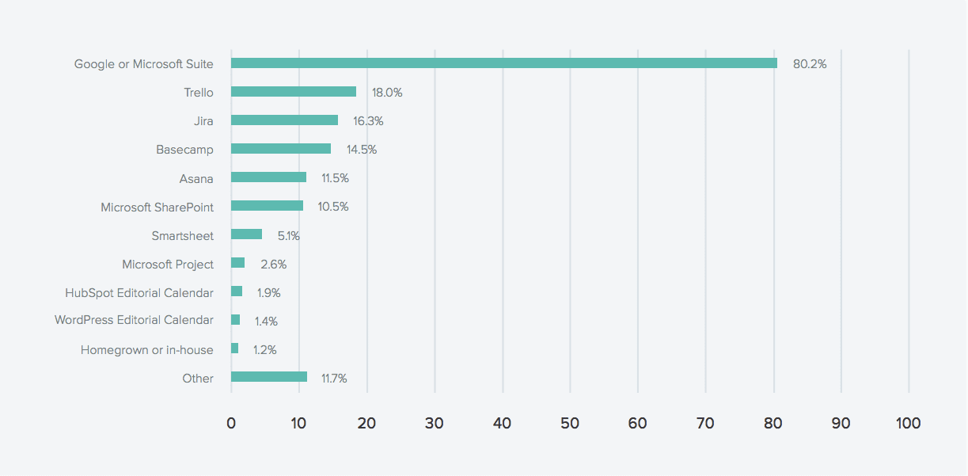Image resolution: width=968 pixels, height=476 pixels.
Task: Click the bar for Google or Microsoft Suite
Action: click(x=503, y=63)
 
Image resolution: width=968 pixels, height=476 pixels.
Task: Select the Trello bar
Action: click(x=293, y=92)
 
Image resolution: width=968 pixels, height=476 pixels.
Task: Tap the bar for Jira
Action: click(x=284, y=120)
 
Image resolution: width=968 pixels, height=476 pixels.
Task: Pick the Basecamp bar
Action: click(x=280, y=149)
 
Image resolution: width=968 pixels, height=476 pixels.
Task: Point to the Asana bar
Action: click(x=268, y=177)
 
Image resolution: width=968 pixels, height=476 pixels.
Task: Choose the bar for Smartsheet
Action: click(x=246, y=234)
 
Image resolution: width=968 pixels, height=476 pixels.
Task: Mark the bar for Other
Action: click(x=268, y=377)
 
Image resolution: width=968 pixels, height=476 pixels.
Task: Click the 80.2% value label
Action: click(x=810, y=64)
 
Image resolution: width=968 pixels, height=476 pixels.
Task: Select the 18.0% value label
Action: click(x=387, y=93)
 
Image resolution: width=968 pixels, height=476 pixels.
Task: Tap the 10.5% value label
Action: click(x=333, y=207)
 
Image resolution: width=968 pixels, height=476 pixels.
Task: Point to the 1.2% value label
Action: click(x=265, y=350)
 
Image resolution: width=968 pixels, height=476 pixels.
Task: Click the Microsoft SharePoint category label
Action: click(x=157, y=207)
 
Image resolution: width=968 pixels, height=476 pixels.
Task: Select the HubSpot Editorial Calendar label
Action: click(x=139, y=293)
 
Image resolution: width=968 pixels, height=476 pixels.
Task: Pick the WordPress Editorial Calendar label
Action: click(x=134, y=320)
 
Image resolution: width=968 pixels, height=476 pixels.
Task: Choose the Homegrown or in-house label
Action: click(x=147, y=349)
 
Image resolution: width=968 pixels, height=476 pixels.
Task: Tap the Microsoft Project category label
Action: click(x=168, y=264)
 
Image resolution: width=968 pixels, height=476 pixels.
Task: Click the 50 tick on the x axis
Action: click(x=570, y=424)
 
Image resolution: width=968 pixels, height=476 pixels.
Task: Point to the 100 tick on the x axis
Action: click(x=909, y=424)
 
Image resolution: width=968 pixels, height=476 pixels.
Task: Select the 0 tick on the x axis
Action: click(x=231, y=424)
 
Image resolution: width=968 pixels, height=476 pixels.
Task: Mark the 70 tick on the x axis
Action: click(x=705, y=424)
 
